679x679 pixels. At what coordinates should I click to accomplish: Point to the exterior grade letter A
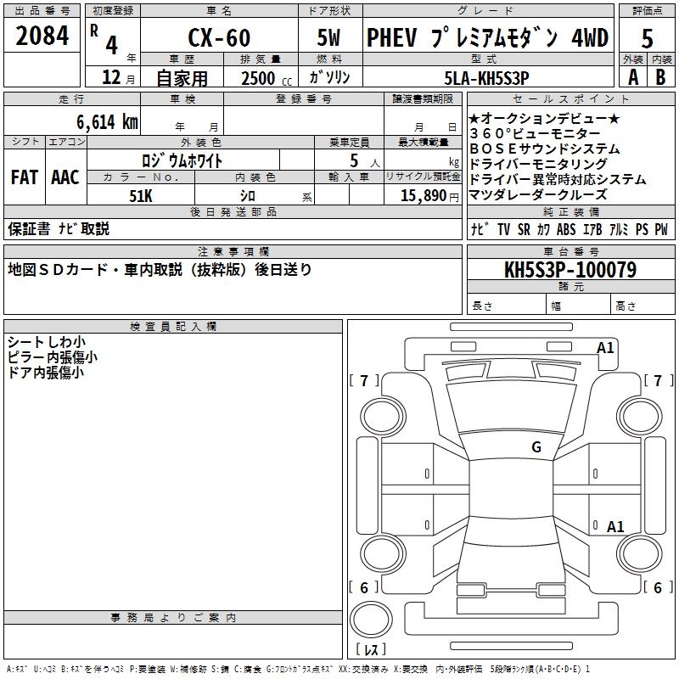pos(632,76)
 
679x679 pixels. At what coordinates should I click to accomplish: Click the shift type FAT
pos(24,177)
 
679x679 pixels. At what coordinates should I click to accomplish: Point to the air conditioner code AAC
pos(65,177)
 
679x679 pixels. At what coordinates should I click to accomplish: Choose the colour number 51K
pos(140,195)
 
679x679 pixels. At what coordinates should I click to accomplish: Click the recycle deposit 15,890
pos(418,195)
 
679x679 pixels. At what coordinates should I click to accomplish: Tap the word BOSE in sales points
pos(491,149)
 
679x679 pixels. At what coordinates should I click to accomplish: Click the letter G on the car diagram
pos(536,446)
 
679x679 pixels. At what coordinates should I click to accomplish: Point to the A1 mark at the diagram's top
pos(605,347)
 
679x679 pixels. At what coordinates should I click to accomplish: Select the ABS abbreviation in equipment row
pos(567,229)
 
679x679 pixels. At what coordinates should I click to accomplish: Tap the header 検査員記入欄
pos(173,326)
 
